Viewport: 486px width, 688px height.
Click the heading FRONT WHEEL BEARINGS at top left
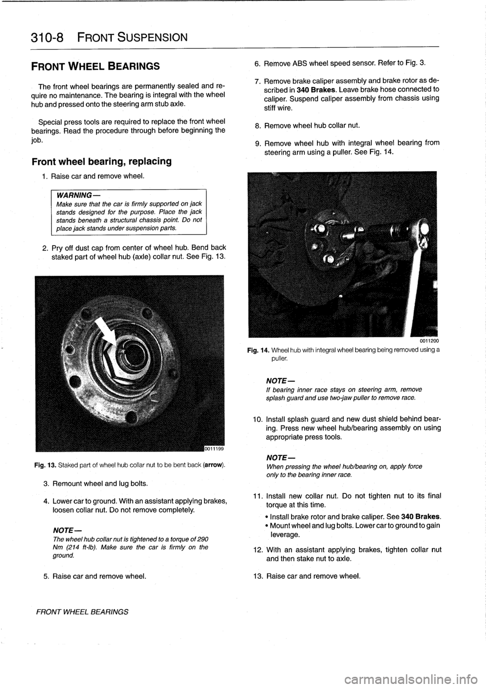96,66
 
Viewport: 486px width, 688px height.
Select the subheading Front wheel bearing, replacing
101,162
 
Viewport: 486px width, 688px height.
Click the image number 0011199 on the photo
214,447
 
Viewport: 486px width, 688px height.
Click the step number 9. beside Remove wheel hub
258,142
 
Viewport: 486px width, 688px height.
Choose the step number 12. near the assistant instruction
257,550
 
